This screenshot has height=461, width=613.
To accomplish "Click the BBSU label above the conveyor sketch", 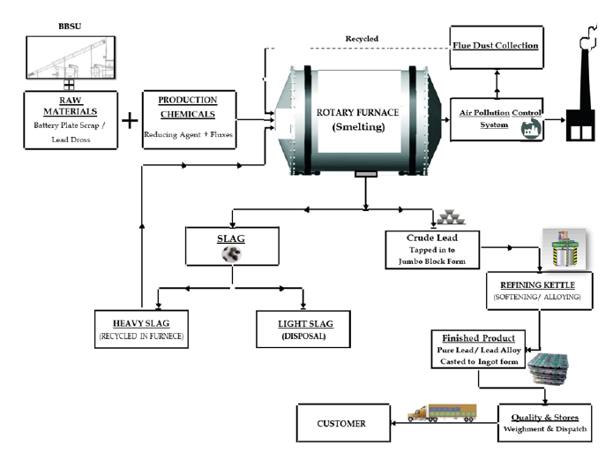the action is point(70,26).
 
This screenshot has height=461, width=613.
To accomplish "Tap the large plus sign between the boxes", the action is point(130,120).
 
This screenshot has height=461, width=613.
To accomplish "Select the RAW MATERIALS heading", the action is point(71,106).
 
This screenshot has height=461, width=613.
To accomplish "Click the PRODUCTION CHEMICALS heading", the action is point(188,107).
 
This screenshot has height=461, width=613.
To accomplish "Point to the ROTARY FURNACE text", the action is point(357,113).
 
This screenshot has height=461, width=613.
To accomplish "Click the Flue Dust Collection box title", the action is point(496,46).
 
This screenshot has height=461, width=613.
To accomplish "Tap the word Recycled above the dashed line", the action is point(362,39).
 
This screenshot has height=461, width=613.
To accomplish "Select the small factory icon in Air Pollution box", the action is point(531,128).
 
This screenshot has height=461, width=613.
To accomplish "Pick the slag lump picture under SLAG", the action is point(231,254).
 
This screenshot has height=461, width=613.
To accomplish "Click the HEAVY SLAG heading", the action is point(141,323).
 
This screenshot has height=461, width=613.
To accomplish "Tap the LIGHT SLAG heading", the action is point(305,324).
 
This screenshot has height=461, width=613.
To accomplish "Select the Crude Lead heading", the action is point(432,238).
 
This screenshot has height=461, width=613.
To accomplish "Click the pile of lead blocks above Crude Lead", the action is point(451,217).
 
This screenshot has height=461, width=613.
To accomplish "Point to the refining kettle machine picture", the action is point(564,249).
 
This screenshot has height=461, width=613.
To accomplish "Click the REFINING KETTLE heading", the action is point(537,285).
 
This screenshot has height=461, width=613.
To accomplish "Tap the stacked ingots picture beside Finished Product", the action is point(549,368).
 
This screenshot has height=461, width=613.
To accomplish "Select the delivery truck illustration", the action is point(442,412).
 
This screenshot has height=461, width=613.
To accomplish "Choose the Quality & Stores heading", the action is point(545,418).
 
